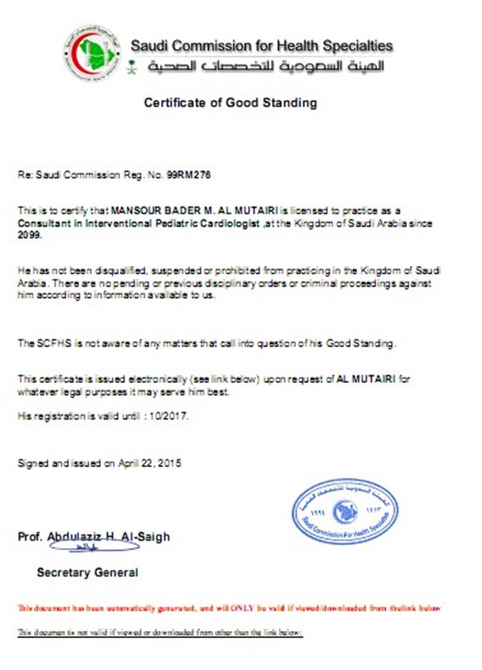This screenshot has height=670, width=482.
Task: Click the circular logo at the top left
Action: tap(92, 54)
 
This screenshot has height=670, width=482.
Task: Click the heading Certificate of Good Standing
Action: tap(230, 103)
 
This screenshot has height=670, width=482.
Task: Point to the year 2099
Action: tap(29, 234)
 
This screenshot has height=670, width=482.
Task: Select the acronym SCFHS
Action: tap(51, 343)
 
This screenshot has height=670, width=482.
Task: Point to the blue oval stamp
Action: tap(344, 513)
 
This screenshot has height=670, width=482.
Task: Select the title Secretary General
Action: tap(87, 572)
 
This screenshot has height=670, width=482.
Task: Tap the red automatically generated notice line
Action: tap(228, 609)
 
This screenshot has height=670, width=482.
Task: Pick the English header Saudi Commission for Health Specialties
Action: tap(262, 46)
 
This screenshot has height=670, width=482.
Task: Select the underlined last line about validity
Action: tap(160, 632)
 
